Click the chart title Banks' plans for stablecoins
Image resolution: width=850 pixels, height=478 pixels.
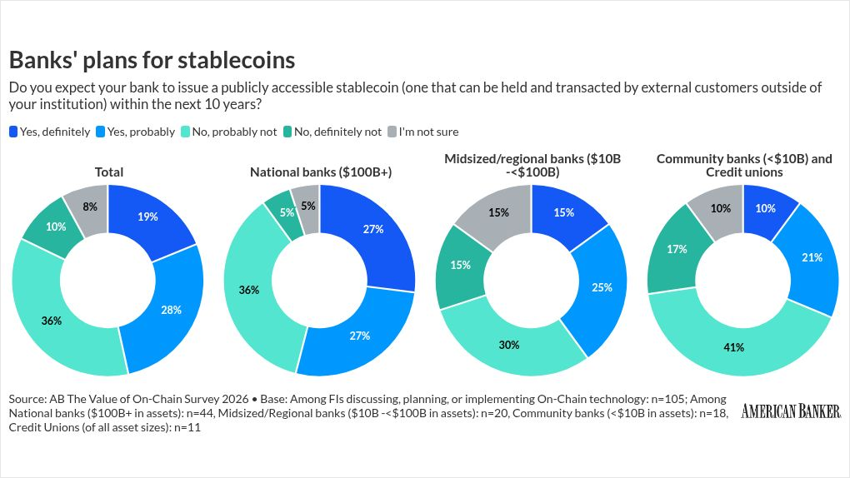tap(152, 60)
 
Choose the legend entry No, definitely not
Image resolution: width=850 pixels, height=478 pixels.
tap(332, 132)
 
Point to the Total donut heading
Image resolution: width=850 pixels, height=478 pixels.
tap(109, 172)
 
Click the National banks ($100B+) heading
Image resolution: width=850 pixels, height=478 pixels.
tap(321, 172)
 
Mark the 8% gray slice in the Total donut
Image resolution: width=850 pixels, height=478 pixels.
tap(91, 207)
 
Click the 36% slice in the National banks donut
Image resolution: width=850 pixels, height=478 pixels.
tap(249, 290)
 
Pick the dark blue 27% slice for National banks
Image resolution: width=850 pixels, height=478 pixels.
tap(373, 230)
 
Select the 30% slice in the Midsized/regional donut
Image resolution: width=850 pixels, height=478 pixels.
tap(509, 344)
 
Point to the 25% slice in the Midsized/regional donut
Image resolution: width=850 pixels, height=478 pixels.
tap(602, 287)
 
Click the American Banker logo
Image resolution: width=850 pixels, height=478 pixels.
tap(791, 411)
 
